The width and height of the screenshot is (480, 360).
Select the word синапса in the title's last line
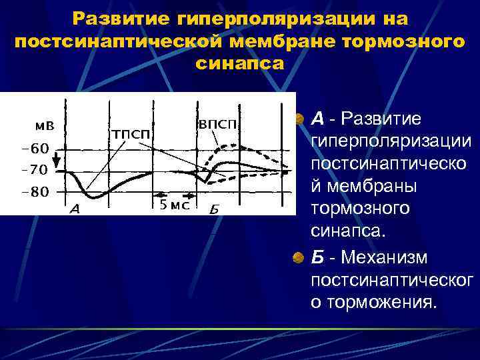point(240,63)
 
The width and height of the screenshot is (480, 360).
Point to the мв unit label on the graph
point(45,126)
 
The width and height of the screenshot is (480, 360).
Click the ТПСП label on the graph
point(130,135)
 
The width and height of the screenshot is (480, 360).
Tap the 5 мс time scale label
point(175,205)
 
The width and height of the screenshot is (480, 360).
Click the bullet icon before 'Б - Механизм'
point(301,258)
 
